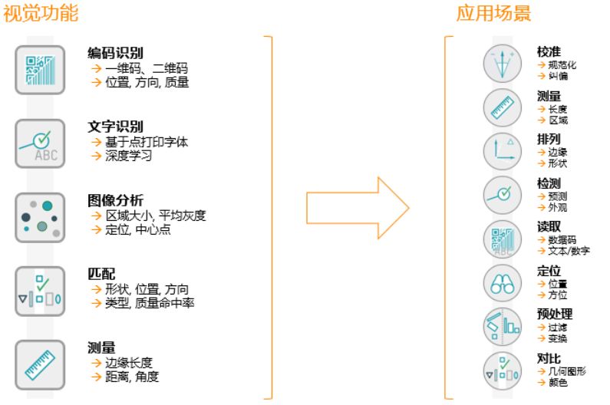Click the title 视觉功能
(41, 15)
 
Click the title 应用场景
(493, 15)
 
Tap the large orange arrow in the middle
(358, 207)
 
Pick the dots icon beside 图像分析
(41, 217)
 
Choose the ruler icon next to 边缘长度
(41, 362)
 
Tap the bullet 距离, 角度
(132, 377)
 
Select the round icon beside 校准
(502, 64)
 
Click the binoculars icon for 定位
(502, 283)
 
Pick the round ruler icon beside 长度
(502, 107)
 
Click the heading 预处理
(554, 314)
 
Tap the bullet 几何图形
(567, 370)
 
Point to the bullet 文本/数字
(569, 251)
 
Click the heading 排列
(549, 139)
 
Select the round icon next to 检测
(502, 195)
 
